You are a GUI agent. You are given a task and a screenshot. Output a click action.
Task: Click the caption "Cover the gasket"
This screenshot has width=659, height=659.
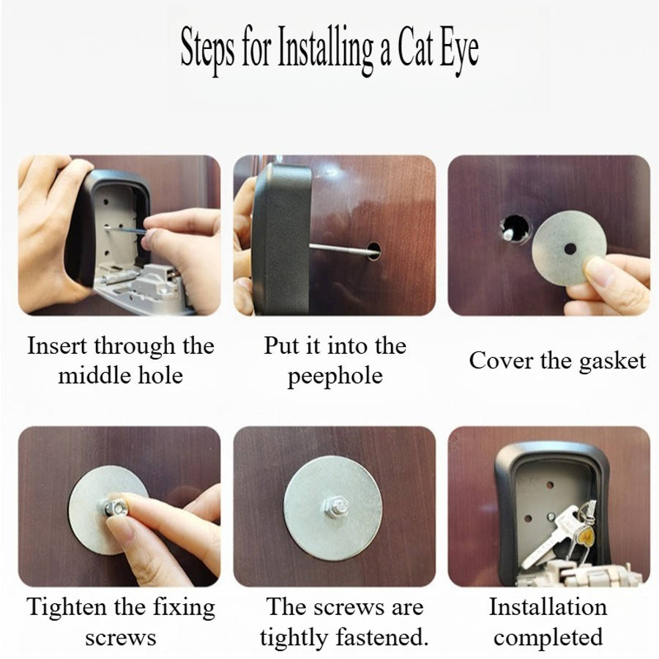click(x=557, y=360)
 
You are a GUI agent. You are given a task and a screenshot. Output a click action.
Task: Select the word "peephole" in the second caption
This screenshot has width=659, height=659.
click(x=335, y=376)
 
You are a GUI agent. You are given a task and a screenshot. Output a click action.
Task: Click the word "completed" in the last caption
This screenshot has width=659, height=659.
click(x=548, y=637)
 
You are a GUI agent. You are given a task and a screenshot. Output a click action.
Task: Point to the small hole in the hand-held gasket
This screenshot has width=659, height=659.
click(x=570, y=249)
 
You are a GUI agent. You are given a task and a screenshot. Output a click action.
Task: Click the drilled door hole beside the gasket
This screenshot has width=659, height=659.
click(x=515, y=229)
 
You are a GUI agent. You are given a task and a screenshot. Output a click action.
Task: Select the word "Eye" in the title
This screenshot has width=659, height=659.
click(x=459, y=50)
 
